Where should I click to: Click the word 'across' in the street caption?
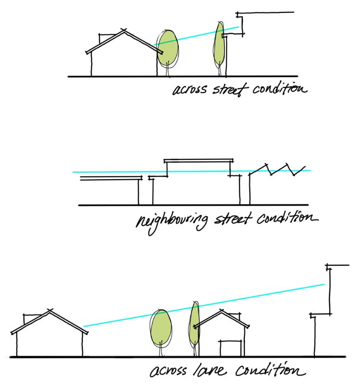[188, 91]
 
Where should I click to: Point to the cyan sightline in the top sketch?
[199, 35]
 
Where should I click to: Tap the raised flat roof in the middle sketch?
[198, 160]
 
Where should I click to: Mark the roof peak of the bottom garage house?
[221, 311]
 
